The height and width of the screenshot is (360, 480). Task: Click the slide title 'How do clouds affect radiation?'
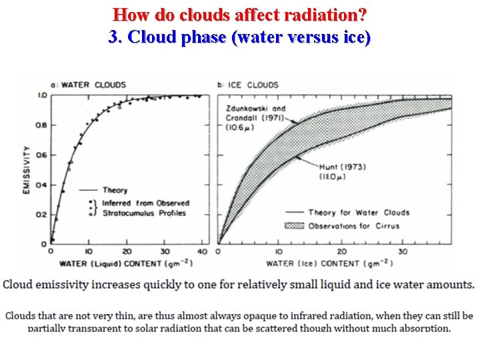[x=240, y=14]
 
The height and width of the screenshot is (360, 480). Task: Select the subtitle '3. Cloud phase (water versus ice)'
[x=240, y=37]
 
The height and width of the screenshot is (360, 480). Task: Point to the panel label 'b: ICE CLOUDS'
[x=248, y=85]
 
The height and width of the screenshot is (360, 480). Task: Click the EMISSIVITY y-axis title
[x=27, y=170]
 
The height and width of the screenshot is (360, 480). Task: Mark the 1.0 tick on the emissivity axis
[x=41, y=96]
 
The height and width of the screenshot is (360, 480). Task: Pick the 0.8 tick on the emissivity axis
[x=41, y=125]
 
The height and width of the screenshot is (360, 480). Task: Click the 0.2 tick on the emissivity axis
[x=41, y=215]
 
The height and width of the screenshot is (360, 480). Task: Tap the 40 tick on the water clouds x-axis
[x=203, y=251]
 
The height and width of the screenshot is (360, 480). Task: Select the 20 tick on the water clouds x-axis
[x=127, y=251]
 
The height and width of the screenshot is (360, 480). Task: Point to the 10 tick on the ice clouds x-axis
[x=279, y=251]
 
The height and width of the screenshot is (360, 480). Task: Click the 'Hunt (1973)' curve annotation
[x=341, y=171]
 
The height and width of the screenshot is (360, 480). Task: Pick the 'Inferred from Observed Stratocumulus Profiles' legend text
[x=145, y=208]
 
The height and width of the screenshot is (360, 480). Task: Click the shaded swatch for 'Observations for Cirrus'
[x=294, y=226]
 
